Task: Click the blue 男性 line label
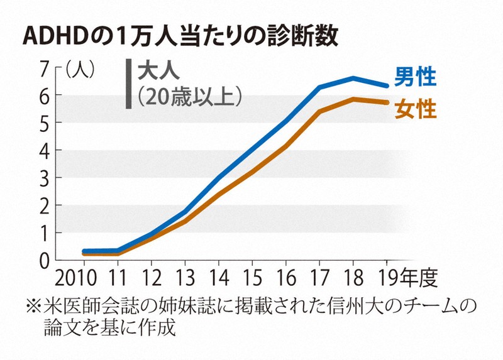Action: click(x=415, y=77)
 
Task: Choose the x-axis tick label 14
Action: click(x=218, y=277)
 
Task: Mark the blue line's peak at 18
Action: click(x=353, y=79)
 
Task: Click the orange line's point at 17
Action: click(x=319, y=112)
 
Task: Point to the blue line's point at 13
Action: click(x=185, y=212)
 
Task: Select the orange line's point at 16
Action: click(x=286, y=146)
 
